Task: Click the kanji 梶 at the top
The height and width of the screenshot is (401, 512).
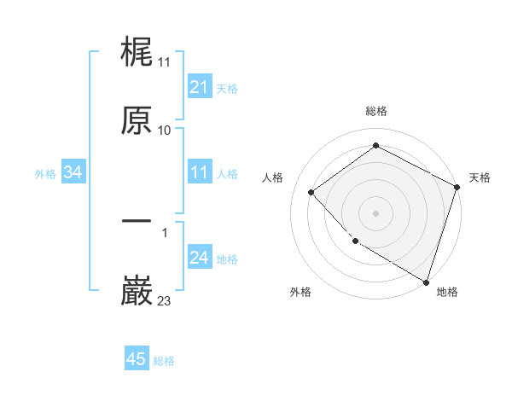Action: point(137,53)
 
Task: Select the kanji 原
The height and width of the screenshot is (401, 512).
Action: point(137,120)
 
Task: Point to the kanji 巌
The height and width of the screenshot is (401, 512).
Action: point(137,291)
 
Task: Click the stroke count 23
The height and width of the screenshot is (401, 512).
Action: point(164,300)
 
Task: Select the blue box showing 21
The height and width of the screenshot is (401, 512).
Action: point(199,87)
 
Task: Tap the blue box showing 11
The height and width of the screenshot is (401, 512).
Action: point(199,173)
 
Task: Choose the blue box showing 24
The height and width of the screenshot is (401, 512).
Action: point(199,259)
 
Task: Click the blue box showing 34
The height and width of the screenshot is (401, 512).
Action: point(73,173)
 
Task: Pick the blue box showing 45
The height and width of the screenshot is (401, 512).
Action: point(137,359)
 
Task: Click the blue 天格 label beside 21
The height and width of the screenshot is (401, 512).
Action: point(226,88)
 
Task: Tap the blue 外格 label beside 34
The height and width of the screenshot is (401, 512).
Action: point(45,174)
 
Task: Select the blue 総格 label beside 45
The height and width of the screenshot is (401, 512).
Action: point(164,360)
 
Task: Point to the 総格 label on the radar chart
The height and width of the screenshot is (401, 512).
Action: point(375,112)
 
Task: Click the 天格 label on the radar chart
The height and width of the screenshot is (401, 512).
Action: point(480,177)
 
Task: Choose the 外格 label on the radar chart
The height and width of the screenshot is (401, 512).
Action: point(300,293)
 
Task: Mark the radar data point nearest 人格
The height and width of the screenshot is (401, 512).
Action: point(311,192)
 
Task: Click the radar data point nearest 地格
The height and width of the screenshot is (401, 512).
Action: point(426,281)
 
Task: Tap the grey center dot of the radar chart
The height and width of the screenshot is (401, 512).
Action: point(375,212)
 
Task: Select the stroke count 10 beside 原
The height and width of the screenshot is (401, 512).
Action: point(164,130)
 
